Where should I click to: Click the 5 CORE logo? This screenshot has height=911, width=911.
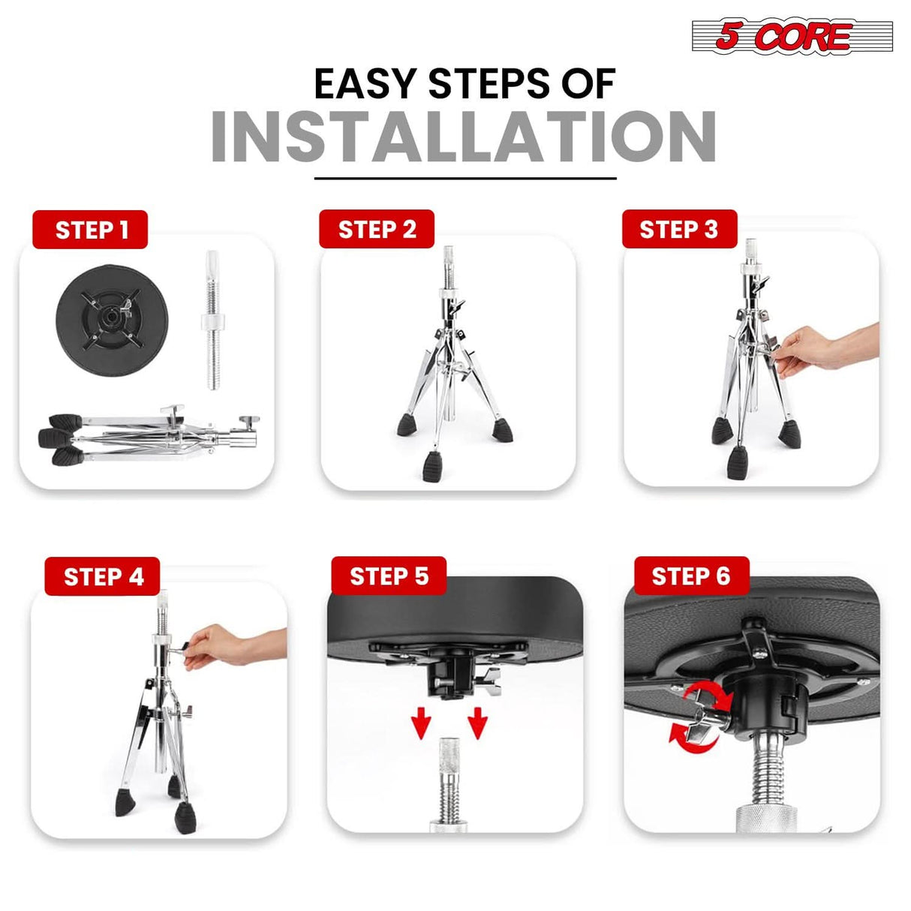pos(792,36)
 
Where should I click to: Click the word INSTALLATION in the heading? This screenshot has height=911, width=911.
pos(463,137)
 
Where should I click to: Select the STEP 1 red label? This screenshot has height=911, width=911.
pos(90,230)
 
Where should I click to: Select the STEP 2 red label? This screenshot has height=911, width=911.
pos(377,230)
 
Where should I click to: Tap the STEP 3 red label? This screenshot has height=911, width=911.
pos(679,230)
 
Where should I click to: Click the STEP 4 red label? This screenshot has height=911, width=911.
pos(103,576)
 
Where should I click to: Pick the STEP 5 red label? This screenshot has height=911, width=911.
pos(389,576)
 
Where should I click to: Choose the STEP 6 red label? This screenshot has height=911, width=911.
pos(691,576)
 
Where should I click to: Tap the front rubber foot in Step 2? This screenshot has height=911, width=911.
pos(433,466)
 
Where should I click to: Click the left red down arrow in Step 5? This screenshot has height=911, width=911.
pos(421,725)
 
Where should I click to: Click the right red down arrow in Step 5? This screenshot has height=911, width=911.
pos(477,725)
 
